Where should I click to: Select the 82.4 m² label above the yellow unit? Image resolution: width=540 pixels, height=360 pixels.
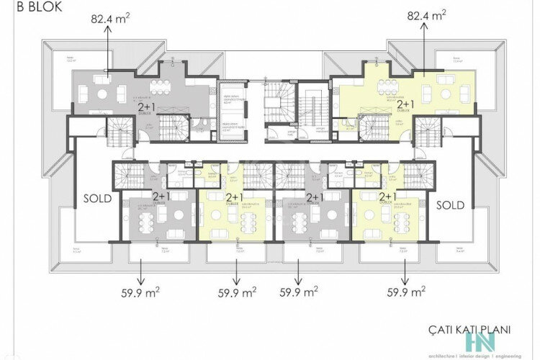pos(426,16)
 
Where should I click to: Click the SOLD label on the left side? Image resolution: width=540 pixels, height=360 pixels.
pos(97,199)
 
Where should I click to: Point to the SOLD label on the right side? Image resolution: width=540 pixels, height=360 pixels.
pos(451,205)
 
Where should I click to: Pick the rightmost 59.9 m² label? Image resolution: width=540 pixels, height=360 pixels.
pos(405,292)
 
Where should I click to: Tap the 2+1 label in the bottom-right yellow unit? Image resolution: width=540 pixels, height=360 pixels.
pos(387,196)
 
